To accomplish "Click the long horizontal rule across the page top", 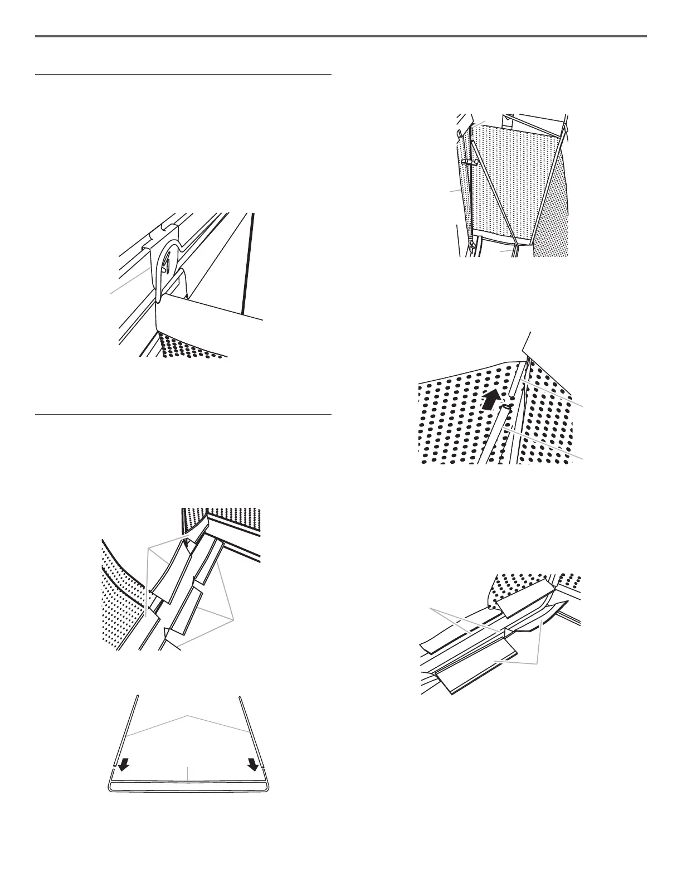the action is (x=341, y=37).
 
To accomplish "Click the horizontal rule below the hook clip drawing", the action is (x=183, y=415).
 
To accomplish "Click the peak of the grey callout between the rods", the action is (x=188, y=714).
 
